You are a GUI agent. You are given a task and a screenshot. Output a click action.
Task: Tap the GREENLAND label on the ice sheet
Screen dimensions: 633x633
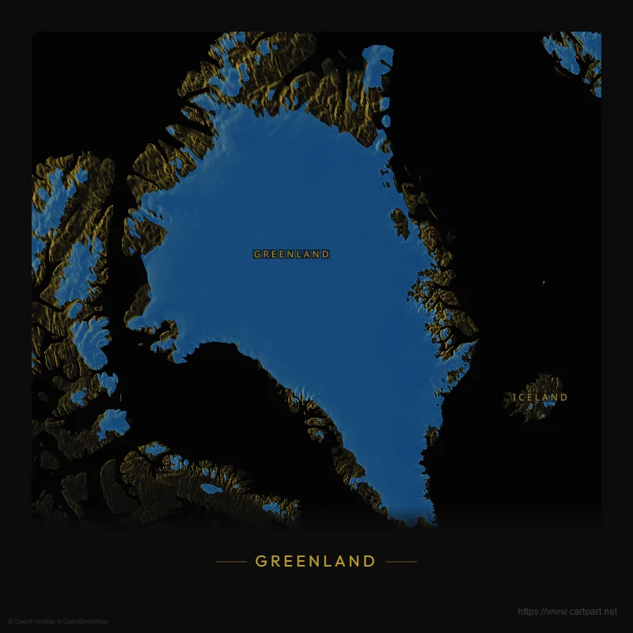pyautogui.click(x=291, y=254)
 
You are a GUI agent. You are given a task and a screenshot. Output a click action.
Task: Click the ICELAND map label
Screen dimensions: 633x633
pyautogui.click(x=540, y=397)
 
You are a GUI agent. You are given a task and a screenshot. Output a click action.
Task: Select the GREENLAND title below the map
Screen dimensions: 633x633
pyautogui.click(x=316, y=561)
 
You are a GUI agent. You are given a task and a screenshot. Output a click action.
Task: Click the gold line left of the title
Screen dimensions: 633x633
pyautogui.click(x=231, y=562)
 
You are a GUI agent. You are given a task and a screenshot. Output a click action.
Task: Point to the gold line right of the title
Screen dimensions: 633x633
pyautogui.click(x=401, y=562)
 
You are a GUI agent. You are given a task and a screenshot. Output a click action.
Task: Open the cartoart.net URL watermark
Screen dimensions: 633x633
pyautogui.click(x=567, y=612)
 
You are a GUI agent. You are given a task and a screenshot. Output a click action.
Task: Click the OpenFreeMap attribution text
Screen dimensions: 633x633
pyautogui.click(x=32, y=621)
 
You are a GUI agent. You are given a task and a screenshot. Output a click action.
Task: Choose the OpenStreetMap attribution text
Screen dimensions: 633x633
pyautogui.click(x=83, y=621)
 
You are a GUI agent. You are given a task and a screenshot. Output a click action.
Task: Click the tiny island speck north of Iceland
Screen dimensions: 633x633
pyautogui.click(x=544, y=282)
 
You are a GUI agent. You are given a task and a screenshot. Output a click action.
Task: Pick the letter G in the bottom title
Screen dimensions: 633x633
pyautogui.click(x=261, y=561)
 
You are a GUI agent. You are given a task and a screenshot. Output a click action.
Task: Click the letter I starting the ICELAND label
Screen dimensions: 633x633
pyautogui.click(x=514, y=397)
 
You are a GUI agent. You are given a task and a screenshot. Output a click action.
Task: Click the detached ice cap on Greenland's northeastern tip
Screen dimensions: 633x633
pyautogui.click(x=377, y=63)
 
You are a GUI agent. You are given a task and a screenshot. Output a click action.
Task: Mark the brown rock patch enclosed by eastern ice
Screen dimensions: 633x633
pyautogui.click(x=400, y=223)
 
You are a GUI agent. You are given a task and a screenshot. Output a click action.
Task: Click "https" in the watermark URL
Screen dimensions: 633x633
pyautogui.click(x=527, y=612)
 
